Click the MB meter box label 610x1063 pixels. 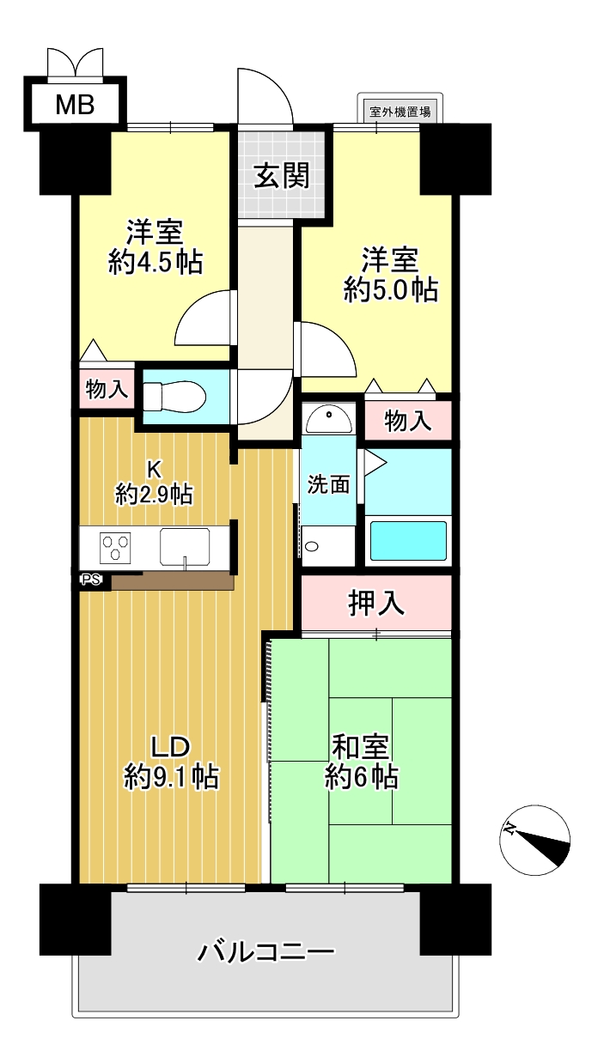tap(75, 105)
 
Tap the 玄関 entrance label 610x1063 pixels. tap(282, 175)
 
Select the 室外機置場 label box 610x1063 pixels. tap(400, 112)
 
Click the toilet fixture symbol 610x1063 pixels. tap(174, 396)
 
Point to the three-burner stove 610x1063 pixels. tap(115, 547)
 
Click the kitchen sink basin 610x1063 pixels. tap(185, 547)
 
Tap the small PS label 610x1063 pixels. tap(91, 580)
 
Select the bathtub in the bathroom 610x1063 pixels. tap(408, 541)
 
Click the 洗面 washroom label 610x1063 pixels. tap(328, 484)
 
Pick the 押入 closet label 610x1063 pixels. tap(376, 603)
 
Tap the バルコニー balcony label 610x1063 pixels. tap(265, 953)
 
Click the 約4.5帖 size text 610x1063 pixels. tap(156, 262)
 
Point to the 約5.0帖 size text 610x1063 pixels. tap(391, 289)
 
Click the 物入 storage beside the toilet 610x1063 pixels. tap(107, 390)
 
